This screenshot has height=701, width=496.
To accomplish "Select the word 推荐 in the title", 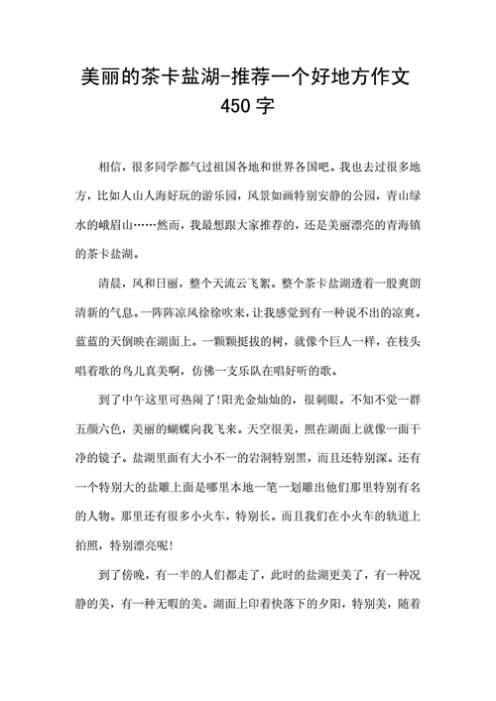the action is click(251, 75).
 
